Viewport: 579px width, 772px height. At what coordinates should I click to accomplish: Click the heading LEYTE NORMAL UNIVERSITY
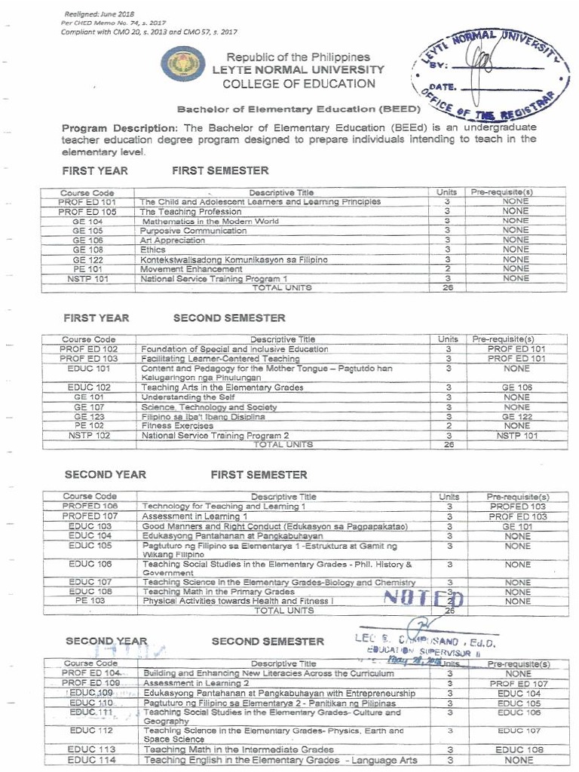click(x=299, y=69)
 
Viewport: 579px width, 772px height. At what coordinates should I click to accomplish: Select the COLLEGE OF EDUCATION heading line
click(x=299, y=83)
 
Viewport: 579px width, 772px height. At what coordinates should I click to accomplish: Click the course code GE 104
click(x=87, y=222)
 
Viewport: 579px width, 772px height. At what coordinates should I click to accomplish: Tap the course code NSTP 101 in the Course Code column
click(x=87, y=279)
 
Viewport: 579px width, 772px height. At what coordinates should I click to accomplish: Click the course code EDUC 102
click(x=89, y=388)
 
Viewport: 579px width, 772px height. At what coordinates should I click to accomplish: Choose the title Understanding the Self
click(x=188, y=397)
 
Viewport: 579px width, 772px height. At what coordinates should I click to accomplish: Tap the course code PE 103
click(x=90, y=601)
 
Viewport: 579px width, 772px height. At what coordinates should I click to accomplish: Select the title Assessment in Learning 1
click(x=190, y=516)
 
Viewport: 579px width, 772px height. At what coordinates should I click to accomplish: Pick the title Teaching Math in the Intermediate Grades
click(x=238, y=749)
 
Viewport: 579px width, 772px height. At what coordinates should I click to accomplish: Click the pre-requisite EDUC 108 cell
click(x=519, y=749)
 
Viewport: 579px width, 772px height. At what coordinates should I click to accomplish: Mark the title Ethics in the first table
click(x=153, y=250)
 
